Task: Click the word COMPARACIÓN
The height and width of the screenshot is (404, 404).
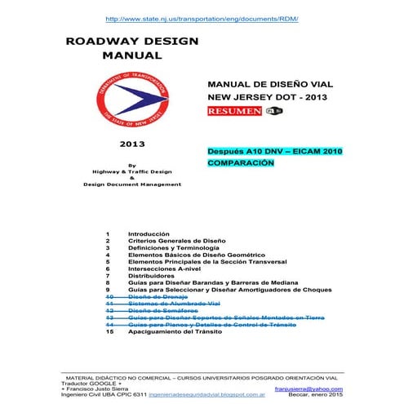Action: coord(242,162)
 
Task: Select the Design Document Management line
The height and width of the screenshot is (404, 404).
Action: coord(132,184)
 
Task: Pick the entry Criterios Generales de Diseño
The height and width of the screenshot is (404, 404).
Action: coord(176,242)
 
